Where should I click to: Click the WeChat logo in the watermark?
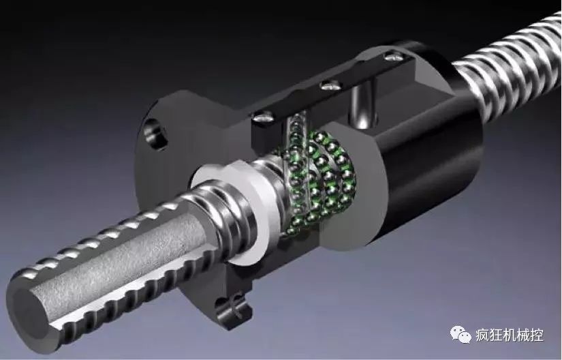click(460, 335)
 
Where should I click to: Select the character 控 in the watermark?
click(537, 335)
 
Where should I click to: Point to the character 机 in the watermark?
click(510, 335)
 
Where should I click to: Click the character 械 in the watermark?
click(523, 335)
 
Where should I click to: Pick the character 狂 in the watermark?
click(497, 335)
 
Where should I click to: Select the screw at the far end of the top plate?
click(393, 56)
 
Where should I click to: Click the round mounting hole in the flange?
click(155, 134)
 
